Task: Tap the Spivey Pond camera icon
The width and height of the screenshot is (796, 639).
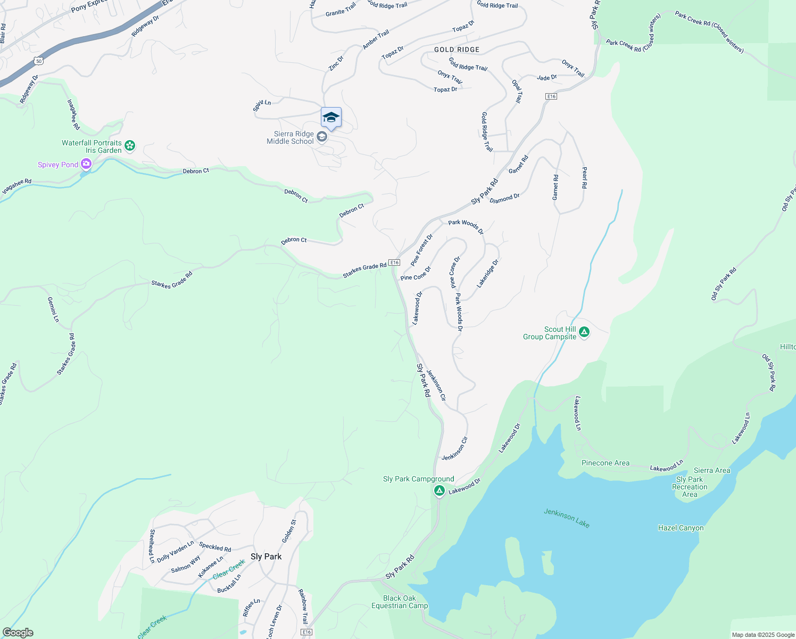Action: click(x=86, y=165)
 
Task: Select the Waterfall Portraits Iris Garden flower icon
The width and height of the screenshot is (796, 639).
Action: click(x=130, y=145)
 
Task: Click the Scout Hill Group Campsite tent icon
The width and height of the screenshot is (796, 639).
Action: click(x=584, y=332)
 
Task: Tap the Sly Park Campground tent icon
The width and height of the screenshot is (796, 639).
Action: click(x=439, y=490)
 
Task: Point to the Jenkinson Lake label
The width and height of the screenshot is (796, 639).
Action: click(x=567, y=518)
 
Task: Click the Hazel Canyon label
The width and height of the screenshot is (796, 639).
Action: click(x=681, y=528)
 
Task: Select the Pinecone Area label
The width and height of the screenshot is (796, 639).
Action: click(x=605, y=463)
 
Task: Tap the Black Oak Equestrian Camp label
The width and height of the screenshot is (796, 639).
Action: click(x=400, y=602)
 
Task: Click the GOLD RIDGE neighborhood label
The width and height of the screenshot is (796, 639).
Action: click(x=457, y=50)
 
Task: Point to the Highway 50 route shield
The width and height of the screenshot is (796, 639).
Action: click(x=39, y=61)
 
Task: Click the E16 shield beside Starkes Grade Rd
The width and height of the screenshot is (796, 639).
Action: click(x=394, y=263)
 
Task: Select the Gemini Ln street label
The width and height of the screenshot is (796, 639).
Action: click(x=53, y=309)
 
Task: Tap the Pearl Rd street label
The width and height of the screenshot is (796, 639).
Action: click(x=584, y=178)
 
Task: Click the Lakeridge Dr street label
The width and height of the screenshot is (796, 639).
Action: click(x=487, y=274)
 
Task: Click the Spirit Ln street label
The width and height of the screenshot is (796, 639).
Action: click(x=262, y=105)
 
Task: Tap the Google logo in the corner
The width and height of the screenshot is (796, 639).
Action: click(x=18, y=633)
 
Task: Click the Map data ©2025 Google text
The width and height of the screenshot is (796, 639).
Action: click(x=762, y=635)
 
